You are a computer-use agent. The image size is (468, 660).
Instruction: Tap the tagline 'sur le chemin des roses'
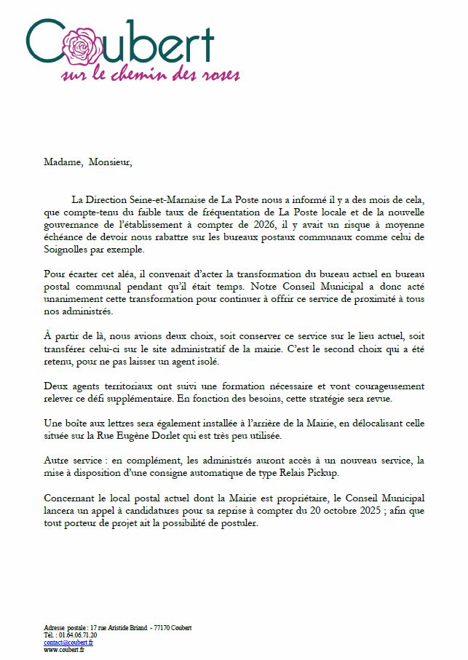point(151,74)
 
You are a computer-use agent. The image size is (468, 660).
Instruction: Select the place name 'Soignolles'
point(67,250)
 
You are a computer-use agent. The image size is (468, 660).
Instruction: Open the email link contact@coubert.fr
point(68,643)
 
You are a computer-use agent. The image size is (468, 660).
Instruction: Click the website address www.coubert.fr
point(64,650)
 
